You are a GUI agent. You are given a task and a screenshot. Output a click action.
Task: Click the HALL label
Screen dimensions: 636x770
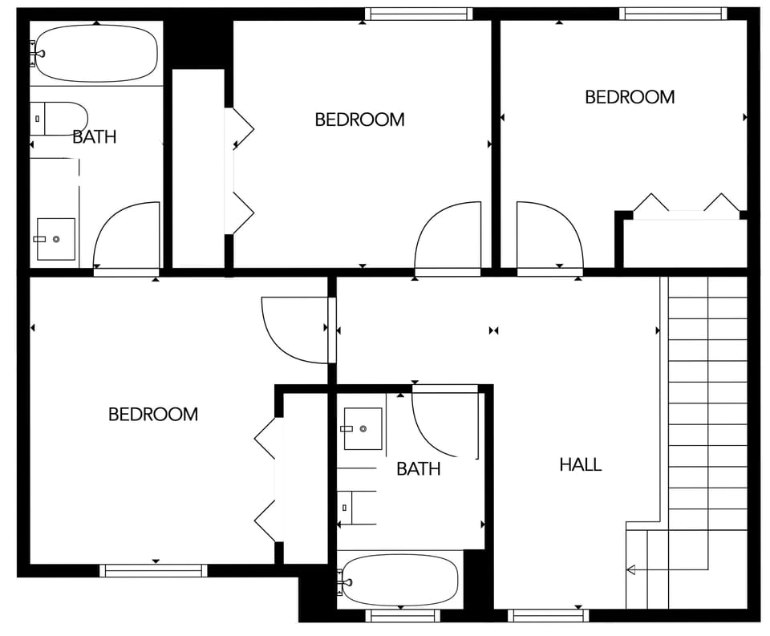580,464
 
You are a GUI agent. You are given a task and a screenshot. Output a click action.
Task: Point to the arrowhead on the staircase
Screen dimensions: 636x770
630,570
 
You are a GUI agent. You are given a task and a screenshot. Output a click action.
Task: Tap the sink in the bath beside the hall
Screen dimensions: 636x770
363,428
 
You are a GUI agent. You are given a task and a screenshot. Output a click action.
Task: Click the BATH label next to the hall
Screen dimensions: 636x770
418,469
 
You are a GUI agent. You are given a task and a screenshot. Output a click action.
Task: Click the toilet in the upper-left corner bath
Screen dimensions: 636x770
60,119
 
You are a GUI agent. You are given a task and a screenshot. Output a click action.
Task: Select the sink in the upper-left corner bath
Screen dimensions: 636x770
55,239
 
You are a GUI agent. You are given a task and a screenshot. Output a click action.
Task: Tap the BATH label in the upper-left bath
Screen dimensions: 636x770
94,137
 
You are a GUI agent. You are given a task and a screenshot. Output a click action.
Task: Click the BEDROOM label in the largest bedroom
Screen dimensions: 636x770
152,415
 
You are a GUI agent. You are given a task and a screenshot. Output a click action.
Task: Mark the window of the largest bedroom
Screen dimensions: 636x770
153,571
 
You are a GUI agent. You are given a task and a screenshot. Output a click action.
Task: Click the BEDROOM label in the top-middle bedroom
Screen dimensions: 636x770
359,120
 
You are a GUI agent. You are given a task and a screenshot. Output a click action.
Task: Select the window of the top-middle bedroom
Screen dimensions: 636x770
418,14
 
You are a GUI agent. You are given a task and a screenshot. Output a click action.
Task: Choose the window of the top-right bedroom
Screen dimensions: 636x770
673,14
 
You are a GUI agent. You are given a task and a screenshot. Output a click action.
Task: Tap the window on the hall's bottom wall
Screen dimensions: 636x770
549,616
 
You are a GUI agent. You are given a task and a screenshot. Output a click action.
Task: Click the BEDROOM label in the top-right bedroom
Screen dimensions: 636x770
630,97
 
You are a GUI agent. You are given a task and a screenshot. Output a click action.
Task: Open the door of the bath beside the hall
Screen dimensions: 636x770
445,421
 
